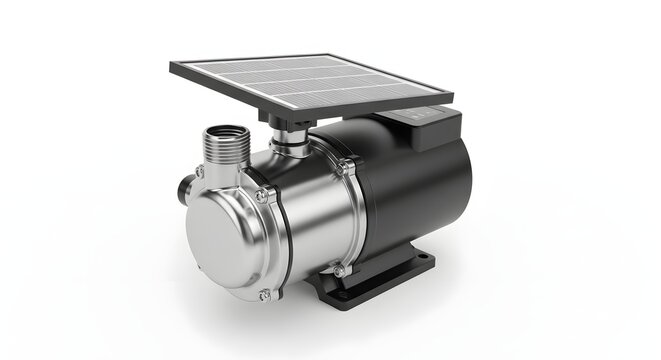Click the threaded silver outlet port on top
coord(227,143)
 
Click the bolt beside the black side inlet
coord(200,172)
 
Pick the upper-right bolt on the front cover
coord(262,196)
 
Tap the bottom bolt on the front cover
coord(264,294)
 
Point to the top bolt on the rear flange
coord(344,164)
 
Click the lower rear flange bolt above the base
coord(341,270)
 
